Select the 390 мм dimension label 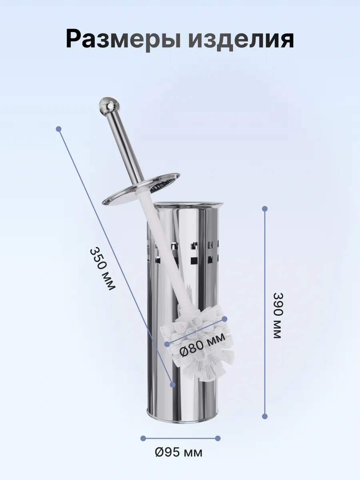pos(278,316)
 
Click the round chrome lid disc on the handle pos(141,189)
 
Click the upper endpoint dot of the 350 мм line pos(58,129)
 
